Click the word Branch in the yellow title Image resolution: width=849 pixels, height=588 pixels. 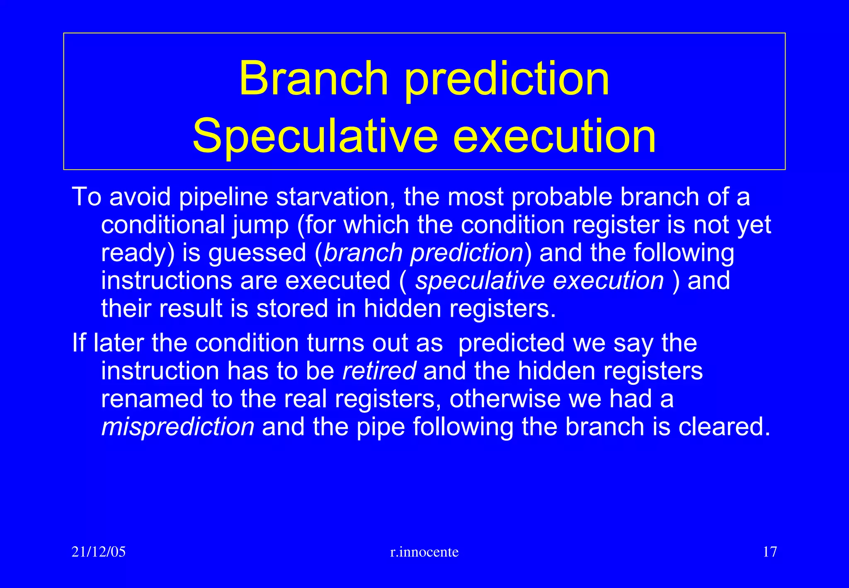tap(313, 79)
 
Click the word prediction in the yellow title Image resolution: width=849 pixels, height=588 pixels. tap(507, 79)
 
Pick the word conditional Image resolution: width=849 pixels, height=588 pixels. tap(163, 225)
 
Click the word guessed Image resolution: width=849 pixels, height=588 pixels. tap(257, 253)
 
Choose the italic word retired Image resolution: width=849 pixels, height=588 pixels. tap(379, 371)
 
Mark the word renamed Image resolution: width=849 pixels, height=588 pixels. tap(152, 399)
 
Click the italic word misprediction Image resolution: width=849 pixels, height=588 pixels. tap(178, 427)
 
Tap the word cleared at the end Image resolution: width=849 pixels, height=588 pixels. tap(724, 427)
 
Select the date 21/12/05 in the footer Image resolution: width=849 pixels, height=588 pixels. tap(99, 552)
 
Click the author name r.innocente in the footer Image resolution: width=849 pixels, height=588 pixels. tap(424, 552)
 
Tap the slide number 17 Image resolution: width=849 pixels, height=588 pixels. tap(769, 552)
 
